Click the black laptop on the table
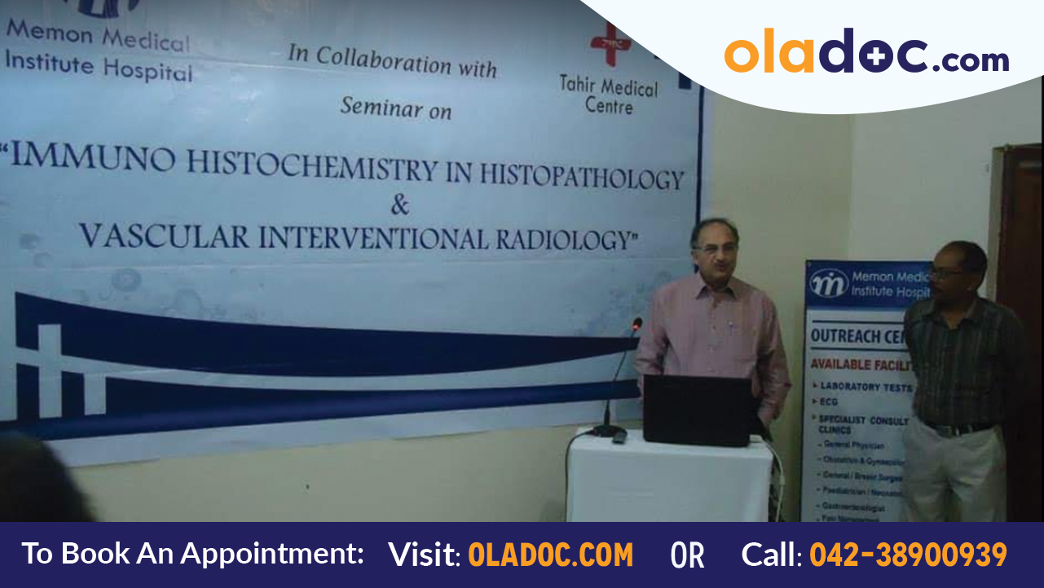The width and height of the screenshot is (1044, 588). [697, 410]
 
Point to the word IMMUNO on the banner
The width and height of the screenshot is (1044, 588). [94, 159]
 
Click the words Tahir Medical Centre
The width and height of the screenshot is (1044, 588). [608, 94]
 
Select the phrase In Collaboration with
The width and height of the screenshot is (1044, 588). [392, 62]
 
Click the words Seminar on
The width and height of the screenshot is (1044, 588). [396, 108]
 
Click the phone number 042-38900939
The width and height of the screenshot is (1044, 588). [908, 555]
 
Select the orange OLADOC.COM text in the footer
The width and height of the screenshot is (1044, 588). [551, 555]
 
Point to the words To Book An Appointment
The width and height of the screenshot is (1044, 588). [192, 554]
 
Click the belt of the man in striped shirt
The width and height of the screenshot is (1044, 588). [958, 427]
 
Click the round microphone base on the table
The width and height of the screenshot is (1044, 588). [608, 431]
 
